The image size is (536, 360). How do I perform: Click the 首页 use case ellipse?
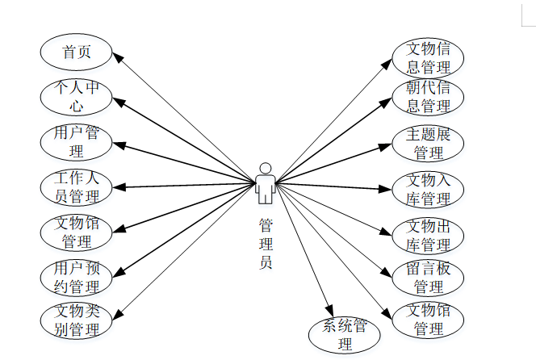click(x=76, y=52)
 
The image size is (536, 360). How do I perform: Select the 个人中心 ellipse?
click(x=76, y=97)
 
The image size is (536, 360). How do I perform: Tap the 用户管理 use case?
click(x=76, y=142)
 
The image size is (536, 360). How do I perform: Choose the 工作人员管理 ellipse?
click(x=76, y=186)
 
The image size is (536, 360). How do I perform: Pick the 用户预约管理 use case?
click(x=76, y=276)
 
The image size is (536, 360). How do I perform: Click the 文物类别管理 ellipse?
click(x=76, y=320)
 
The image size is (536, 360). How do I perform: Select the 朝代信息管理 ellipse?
click(x=428, y=97)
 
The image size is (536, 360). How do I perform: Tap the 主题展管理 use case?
click(x=428, y=144)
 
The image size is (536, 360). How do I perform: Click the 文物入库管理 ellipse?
click(x=428, y=189)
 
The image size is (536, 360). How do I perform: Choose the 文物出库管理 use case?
click(x=428, y=234)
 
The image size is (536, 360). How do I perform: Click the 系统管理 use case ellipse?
click(x=345, y=335)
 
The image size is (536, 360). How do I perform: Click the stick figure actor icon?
click(x=265, y=183)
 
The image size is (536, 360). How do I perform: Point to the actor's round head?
click(x=265, y=168)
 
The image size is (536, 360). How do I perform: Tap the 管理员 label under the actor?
click(x=265, y=242)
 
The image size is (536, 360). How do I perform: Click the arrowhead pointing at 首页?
click(x=116, y=57)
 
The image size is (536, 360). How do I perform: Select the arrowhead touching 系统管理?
click(x=329, y=312)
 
